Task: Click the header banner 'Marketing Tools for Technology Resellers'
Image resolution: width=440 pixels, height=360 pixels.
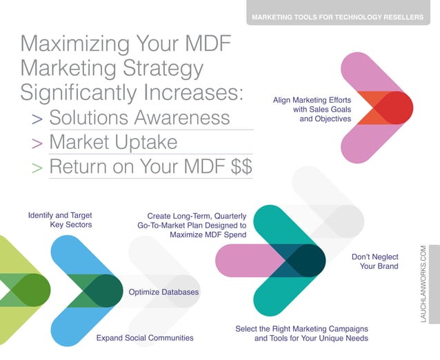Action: click(x=338, y=16)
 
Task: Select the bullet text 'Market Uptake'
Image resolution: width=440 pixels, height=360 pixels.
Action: click(x=114, y=143)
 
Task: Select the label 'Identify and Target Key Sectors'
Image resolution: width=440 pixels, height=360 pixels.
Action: click(x=60, y=219)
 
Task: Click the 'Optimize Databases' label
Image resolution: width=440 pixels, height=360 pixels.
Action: click(x=163, y=292)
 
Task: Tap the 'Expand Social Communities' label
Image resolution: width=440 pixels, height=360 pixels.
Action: click(x=144, y=338)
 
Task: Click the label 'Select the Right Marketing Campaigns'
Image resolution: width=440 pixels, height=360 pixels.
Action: click(x=301, y=333)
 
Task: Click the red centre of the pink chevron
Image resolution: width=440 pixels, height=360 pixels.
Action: click(x=394, y=108)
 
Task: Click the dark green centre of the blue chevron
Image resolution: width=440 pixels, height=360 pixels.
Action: click(x=101, y=290)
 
